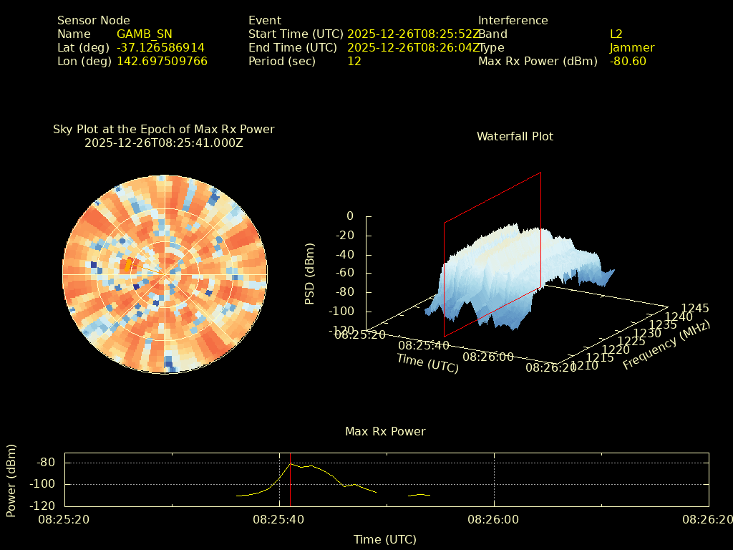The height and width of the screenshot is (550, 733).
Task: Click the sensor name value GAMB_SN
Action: [x=144, y=34]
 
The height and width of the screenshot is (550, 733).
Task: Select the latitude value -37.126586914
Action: [x=160, y=47]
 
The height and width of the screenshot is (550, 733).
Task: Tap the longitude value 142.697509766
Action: [x=162, y=61]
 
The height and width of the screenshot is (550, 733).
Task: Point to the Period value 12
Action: [x=354, y=61]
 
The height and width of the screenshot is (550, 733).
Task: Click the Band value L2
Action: [x=616, y=34]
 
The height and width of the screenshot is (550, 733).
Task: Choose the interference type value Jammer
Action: [x=631, y=47]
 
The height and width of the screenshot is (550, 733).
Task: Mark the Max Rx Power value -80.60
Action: [x=628, y=61]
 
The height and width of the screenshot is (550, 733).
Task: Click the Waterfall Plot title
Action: [x=515, y=136]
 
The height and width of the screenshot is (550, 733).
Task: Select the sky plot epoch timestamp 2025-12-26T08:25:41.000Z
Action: [x=164, y=143]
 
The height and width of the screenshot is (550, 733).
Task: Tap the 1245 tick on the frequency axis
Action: [x=694, y=308]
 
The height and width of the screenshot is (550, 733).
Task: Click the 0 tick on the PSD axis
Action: [x=349, y=216]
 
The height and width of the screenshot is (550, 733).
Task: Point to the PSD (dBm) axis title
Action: [x=310, y=274]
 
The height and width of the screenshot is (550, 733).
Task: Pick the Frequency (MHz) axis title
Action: [x=666, y=345]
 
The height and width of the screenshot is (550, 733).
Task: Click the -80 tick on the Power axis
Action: [x=46, y=463]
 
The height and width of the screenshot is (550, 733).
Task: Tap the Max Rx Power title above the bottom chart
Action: [x=385, y=431]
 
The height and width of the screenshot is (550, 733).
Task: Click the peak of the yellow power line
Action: [x=291, y=463]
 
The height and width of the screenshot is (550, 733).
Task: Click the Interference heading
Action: [x=513, y=20]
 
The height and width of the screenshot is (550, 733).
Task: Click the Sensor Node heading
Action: [x=93, y=20]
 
